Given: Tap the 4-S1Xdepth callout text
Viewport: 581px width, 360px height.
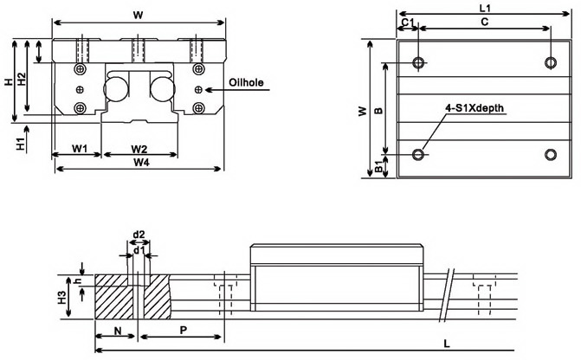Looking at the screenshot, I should coord(474,108).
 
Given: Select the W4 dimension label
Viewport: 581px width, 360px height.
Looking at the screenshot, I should coord(139,162).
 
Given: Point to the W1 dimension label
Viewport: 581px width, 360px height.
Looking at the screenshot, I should coord(79,148).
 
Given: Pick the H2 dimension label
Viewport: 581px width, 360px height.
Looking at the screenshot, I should coord(23,79).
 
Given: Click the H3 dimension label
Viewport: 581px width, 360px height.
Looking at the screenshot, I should coord(62,298).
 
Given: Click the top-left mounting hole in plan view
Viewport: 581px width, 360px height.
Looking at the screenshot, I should coord(419,62).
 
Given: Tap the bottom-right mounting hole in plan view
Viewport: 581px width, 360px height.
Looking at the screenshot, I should coord(551,155).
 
